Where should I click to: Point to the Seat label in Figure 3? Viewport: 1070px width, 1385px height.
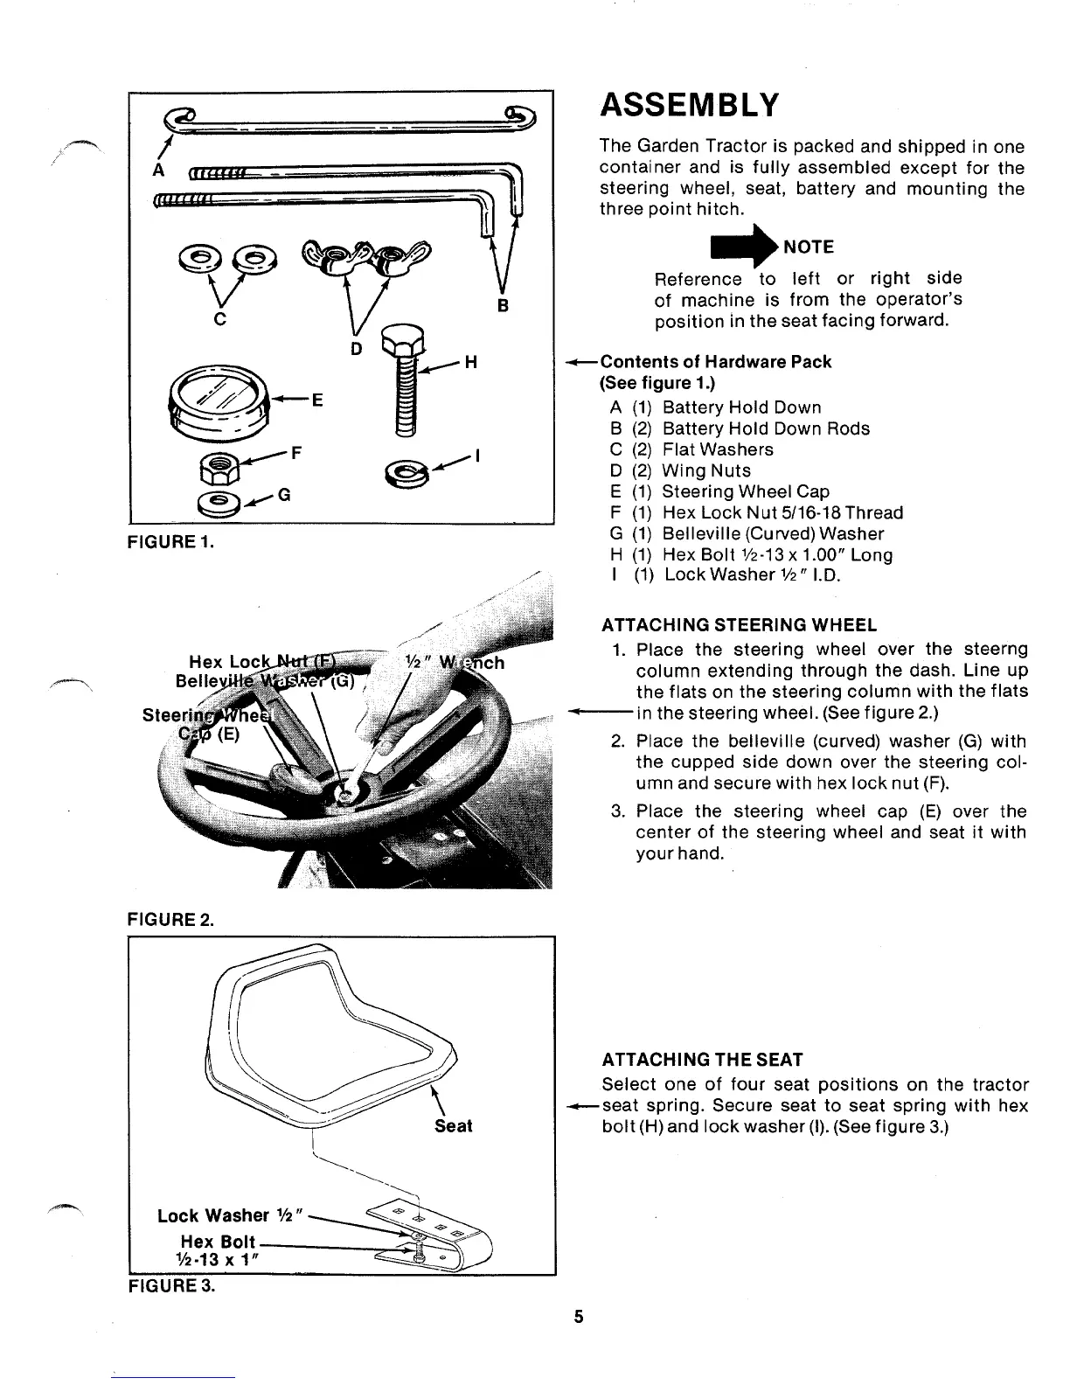pyautogui.click(x=453, y=1126)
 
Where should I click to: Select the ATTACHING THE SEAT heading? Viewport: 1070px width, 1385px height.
pyautogui.click(x=702, y=1060)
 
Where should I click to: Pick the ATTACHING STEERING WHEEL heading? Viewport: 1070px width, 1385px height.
pyautogui.click(x=739, y=625)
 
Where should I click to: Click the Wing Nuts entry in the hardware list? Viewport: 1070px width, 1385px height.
pyautogui.click(x=706, y=470)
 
